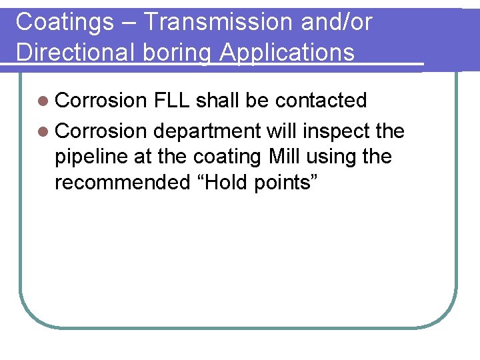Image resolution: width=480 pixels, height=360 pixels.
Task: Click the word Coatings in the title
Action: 65,22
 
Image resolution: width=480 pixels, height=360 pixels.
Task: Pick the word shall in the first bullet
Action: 217,101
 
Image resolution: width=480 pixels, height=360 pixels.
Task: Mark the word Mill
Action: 287,157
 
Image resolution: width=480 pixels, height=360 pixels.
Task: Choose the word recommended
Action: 122,183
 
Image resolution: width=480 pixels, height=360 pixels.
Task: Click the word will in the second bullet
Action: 280,131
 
